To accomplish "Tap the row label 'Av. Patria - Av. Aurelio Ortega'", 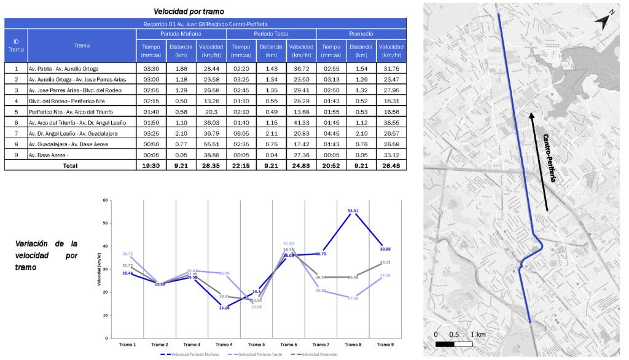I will (x=63, y=68).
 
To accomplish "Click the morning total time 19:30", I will (x=151, y=165).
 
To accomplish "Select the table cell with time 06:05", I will (x=242, y=133).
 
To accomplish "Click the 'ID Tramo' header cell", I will (x=16, y=45).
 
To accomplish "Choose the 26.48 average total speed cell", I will (x=392, y=165).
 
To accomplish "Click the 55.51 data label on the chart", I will (x=353, y=210).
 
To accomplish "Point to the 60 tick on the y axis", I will (x=106, y=200).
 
